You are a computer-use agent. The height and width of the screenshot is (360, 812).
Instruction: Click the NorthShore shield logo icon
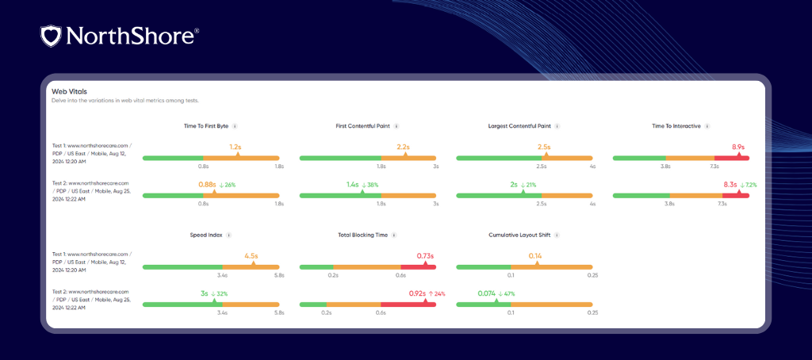coord(50,35)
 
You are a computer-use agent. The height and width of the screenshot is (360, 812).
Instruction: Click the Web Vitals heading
coord(70,91)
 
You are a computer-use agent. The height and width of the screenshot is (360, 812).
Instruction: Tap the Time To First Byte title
coord(205,125)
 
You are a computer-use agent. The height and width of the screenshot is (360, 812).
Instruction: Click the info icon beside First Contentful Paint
coord(396,125)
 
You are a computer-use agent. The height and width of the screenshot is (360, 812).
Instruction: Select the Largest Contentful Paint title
coord(519,125)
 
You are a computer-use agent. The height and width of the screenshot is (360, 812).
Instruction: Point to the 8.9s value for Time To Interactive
coord(738,147)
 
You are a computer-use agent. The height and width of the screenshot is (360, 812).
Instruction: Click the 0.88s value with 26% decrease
coord(208,184)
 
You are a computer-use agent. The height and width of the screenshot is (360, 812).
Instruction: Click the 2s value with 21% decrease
coord(514,184)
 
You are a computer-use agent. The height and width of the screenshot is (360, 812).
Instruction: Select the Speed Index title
coord(205,235)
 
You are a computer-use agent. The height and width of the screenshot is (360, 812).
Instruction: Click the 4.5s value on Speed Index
coord(251,256)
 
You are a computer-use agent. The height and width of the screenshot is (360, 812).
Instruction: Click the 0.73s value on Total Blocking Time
coord(424,256)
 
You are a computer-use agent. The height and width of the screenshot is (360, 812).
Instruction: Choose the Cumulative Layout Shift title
coord(519,235)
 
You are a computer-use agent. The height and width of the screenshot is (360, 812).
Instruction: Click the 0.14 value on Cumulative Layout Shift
coord(534,256)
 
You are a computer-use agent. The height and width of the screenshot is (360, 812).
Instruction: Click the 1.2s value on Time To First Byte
coord(235,147)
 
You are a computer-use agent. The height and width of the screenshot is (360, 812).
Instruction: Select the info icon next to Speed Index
coord(229,235)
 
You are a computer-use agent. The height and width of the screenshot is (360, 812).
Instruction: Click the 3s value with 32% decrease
coord(205,293)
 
